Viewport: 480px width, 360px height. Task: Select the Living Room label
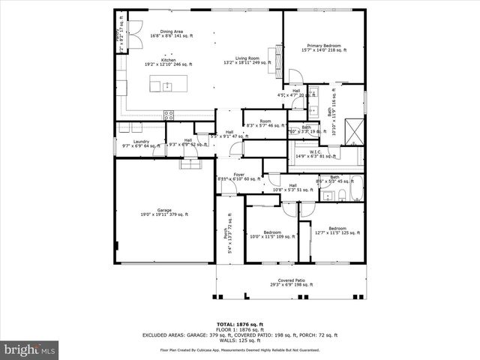(x=247, y=61)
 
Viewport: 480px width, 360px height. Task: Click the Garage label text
(x=164, y=212)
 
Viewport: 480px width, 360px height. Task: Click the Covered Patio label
(x=292, y=283)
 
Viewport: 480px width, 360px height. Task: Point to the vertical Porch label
(x=228, y=241)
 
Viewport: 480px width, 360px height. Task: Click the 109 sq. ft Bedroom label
(x=271, y=235)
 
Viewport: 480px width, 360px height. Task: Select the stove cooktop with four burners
(x=169, y=115)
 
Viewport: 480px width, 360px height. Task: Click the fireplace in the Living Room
(x=280, y=57)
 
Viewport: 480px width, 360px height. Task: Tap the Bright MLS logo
(x=29, y=349)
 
